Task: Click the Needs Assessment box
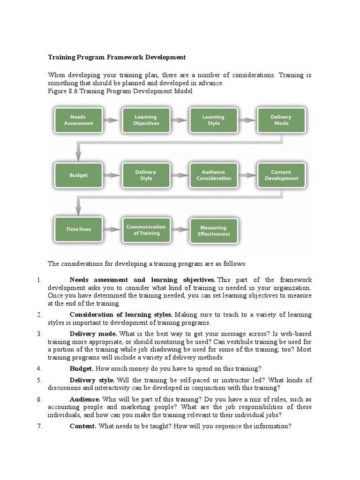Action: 78,120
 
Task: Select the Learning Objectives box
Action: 146,120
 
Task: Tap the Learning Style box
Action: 213,120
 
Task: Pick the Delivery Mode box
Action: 281,120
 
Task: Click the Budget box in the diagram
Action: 78,175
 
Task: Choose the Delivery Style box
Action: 146,175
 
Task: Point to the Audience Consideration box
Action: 213,175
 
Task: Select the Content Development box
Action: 281,175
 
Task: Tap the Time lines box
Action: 78,230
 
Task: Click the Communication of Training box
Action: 146,230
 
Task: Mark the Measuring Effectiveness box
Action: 213,231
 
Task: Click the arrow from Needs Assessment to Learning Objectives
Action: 112,120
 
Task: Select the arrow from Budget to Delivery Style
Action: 112,175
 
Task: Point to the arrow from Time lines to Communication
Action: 112,230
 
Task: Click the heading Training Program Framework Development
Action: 117,57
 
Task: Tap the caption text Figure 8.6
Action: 63,91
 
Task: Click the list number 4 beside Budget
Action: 39,368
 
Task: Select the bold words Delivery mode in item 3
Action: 93,333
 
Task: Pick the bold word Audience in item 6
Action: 85,399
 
